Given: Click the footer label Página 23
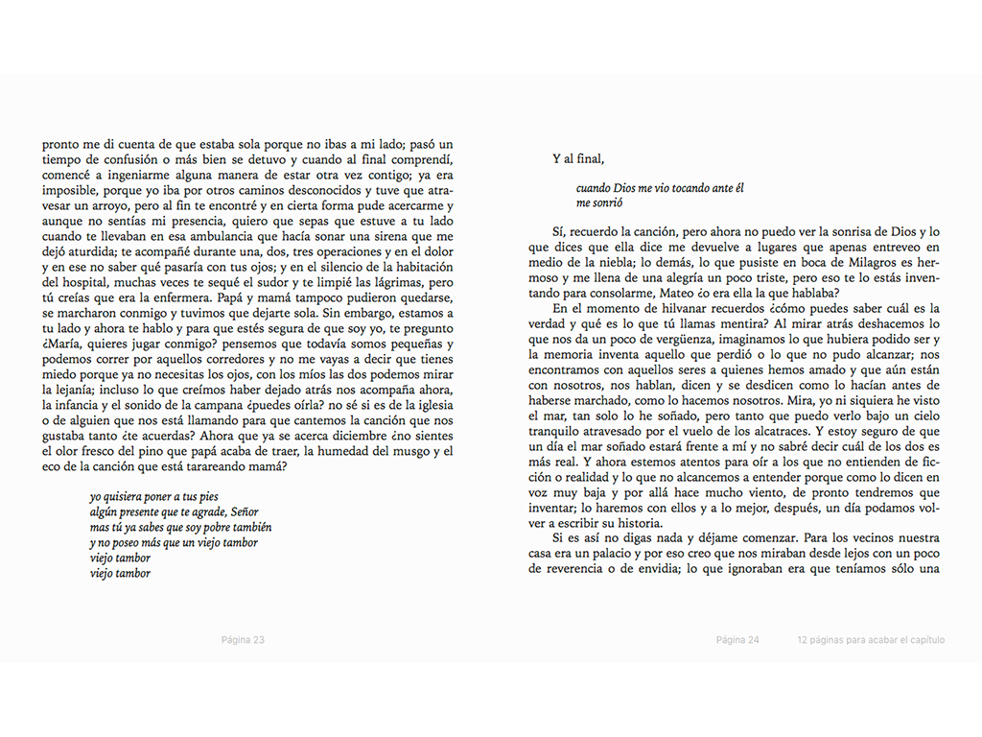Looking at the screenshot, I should point(243,640).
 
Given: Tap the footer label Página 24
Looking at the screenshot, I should point(737,640).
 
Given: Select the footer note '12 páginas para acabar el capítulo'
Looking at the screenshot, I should point(871,640).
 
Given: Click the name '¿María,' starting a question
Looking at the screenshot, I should point(64,345).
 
